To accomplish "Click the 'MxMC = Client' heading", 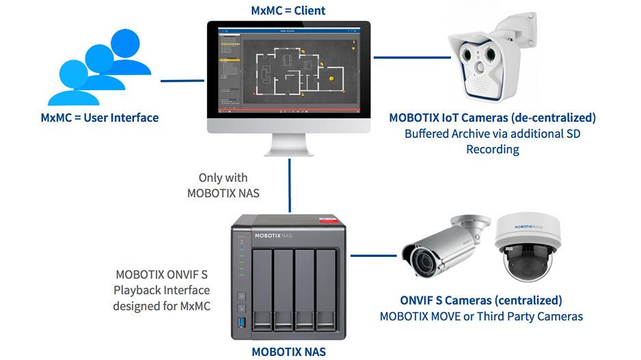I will [x=288, y=10].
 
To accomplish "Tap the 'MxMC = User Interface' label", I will [x=100, y=117].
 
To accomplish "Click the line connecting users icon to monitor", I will [x=182, y=81].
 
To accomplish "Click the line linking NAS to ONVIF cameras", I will [x=374, y=256].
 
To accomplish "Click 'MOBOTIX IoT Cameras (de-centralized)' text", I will [x=492, y=117].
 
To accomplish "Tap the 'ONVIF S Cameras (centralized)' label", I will [x=481, y=301].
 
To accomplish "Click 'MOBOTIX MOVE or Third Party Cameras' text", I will [x=481, y=316].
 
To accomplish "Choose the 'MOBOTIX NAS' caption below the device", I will [x=288, y=352].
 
